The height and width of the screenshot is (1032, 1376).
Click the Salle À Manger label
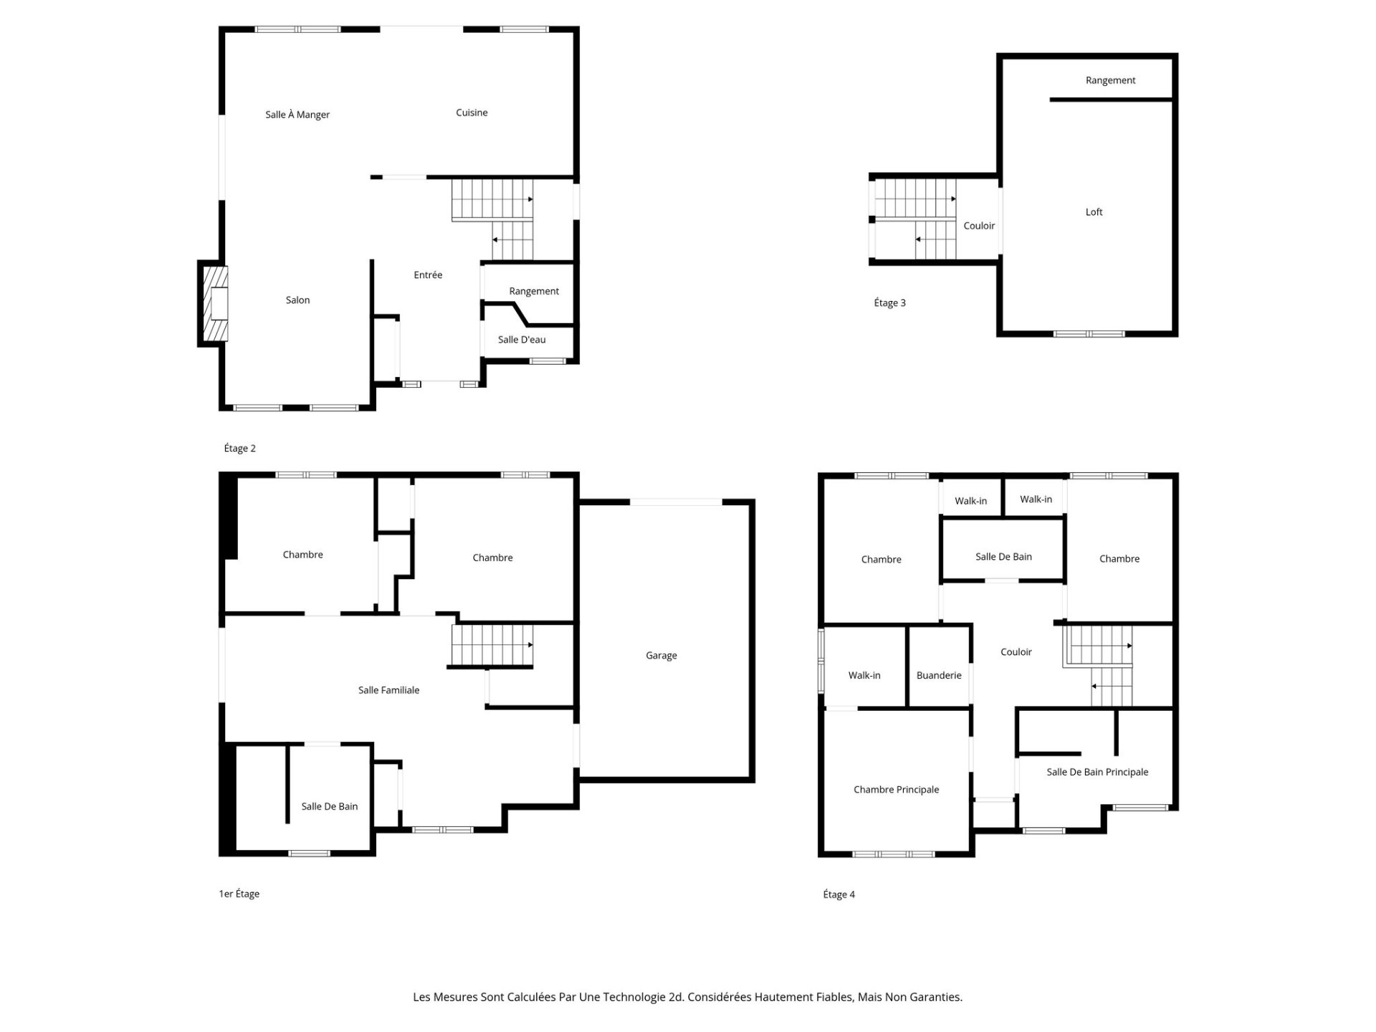tap(297, 115)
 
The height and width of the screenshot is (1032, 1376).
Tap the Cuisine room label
tap(472, 113)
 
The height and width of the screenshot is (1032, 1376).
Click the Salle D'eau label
tap(522, 340)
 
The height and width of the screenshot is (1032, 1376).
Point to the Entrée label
tap(428, 275)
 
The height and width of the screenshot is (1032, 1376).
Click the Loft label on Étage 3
tap(1094, 212)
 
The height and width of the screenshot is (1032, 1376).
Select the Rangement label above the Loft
tap(1110, 80)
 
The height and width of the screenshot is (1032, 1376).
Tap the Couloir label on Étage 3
tap(979, 226)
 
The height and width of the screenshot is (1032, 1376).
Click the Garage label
tap(661, 656)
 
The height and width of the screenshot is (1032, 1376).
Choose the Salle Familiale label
tap(388, 690)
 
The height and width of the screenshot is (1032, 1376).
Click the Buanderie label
tap(939, 675)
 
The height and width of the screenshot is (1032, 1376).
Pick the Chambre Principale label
tap(896, 790)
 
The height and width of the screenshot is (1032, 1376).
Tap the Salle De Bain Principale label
tap(1097, 772)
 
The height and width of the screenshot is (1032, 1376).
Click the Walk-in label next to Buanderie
tap(864, 675)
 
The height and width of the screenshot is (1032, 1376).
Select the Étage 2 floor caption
tap(239, 449)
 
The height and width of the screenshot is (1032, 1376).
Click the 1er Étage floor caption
tap(239, 894)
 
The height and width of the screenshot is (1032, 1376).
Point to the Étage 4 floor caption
tap(838, 894)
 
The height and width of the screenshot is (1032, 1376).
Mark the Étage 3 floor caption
tap(889, 303)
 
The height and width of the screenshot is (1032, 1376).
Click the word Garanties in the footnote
tap(934, 997)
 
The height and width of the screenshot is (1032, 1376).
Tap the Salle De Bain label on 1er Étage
tap(329, 806)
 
